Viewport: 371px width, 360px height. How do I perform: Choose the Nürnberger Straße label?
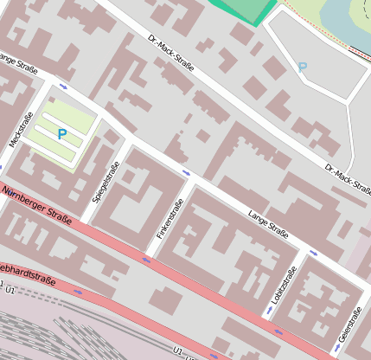point(35,201)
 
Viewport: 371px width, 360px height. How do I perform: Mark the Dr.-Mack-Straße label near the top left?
point(170,54)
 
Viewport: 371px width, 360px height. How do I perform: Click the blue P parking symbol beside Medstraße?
point(61,134)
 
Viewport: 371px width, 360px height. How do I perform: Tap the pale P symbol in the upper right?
point(302,67)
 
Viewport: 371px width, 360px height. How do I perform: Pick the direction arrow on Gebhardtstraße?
point(79,292)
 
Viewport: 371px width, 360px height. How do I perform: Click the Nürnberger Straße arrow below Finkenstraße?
point(145,258)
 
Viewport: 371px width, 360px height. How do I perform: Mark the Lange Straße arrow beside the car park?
point(64,87)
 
